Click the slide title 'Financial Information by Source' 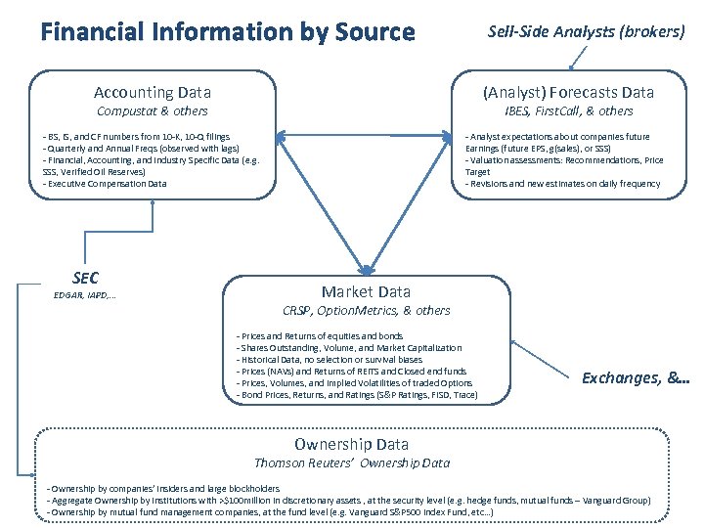[228, 32]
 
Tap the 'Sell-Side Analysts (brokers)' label [586, 31]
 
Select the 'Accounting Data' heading [153, 93]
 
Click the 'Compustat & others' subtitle [153, 111]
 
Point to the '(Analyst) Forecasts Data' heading [569, 93]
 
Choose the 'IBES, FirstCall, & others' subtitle [569, 111]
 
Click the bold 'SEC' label [86, 279]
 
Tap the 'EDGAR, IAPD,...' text [85, 295]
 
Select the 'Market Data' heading [366, 291]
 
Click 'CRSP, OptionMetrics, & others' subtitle [366, 310]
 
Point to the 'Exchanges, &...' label [636, 376]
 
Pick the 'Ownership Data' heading [352, 444]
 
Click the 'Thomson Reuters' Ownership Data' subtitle [352, 462]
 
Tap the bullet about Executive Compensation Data [105, 184]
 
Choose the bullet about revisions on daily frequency [562, 184]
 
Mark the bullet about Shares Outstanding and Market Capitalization [349, 348]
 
